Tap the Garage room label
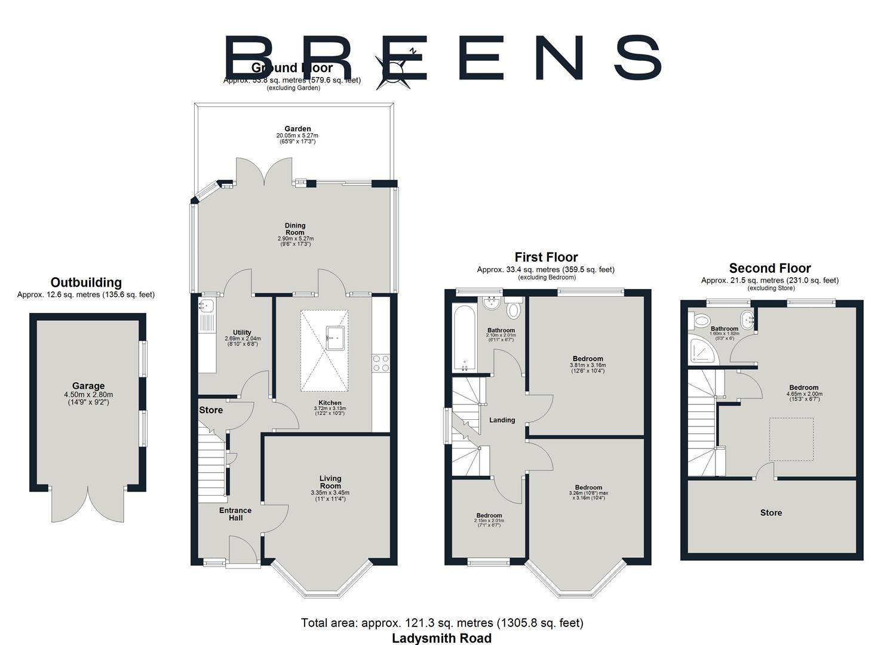pyautogui.click(x=88, y=386)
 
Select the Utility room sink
pyautogui.click(x=206, y=306)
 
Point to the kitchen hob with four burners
pyautogui.click(x=380, y=363)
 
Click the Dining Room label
pyautogui.click(x=295, y=229)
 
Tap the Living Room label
pyautogui.click(x=330, y=481)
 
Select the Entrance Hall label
pyautogui.click(x=235, y=514)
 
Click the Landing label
pyautogui.click(x=502, y=420)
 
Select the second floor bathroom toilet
pyautogui.click(x=699, y=320)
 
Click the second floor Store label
pyautogui.click(x=771, y=512)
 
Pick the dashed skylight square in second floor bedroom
pyautogui.click(x=791, y=440)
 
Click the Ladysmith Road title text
pyautogui.click(x=441, y=638)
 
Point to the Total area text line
pyautogui.click(x=442, y=623)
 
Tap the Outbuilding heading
pyautogui.click(x=86, y=282)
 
